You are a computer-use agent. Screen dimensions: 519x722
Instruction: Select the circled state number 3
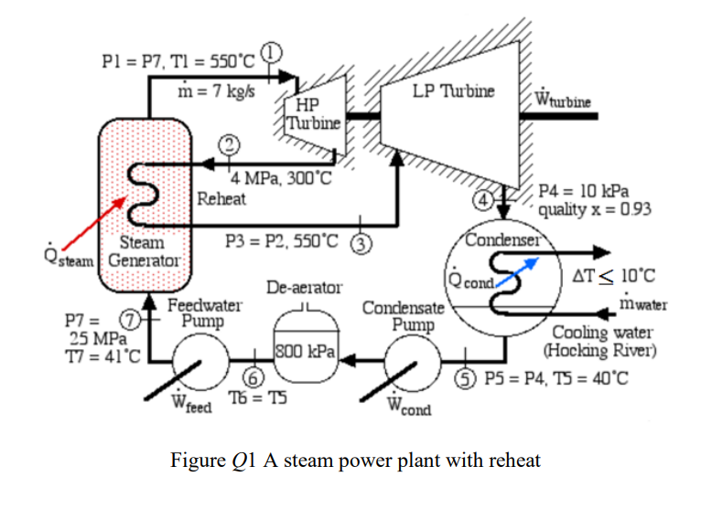(x=362, y=243)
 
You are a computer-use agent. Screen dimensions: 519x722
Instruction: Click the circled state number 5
(x=469, y=377)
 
